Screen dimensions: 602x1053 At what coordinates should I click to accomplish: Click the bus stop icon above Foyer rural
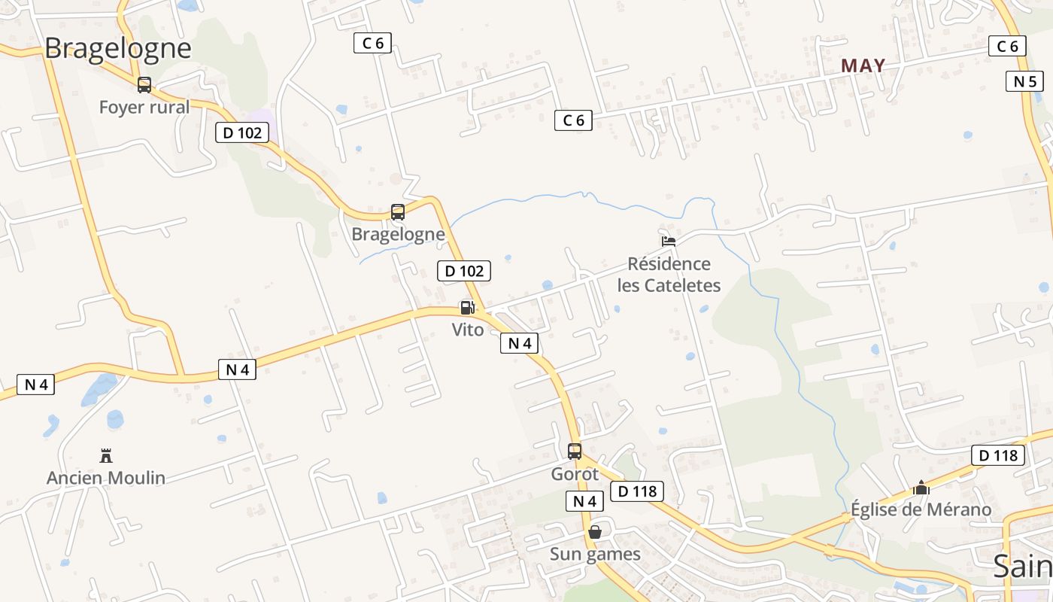coord(144,85)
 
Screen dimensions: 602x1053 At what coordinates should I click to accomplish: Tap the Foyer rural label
coord(144,107)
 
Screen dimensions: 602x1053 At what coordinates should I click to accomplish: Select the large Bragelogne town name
coord(118,48)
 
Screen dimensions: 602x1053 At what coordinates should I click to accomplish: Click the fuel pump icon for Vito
coord(467,307)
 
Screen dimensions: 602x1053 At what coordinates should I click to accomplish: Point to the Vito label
coord(468,329)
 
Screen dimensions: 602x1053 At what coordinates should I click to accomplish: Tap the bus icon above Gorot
coord(575,451)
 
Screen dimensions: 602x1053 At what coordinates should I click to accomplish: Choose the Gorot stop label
coord(575,474)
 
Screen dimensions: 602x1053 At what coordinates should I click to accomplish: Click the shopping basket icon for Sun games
coord(595,532)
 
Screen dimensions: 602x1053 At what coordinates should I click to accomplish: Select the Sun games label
coord(595,555)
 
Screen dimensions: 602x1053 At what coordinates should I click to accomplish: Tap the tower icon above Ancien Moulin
coord(106,455)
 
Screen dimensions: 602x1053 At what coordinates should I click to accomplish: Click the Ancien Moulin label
coord(106,478)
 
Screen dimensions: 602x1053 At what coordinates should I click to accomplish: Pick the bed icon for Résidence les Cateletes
coord(668,242)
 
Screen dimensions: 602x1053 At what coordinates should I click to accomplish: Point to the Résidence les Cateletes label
coord(669,275)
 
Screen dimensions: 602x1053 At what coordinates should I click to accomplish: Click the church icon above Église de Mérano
coord(921,488)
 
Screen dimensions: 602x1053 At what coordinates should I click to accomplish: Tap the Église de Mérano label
coord(921,509)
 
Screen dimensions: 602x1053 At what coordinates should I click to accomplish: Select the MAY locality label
coord(863,66)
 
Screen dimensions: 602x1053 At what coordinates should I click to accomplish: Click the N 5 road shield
coord(1024,81)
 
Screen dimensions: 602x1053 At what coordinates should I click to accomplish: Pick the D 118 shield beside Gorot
coord(638,491)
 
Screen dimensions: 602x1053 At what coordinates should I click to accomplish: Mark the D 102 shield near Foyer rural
coord(242,133)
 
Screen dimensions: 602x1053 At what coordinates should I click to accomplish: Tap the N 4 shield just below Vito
coord(519,343)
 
